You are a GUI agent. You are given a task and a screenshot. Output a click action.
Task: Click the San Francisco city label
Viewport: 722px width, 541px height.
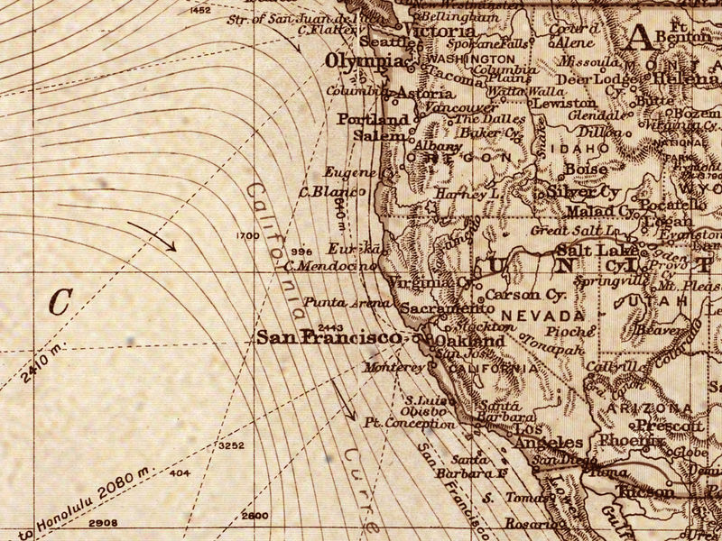(328, 337)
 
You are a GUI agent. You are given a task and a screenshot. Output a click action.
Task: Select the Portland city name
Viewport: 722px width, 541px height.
(373, 119)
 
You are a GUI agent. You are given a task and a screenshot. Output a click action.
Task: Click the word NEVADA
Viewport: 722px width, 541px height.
(542, 316)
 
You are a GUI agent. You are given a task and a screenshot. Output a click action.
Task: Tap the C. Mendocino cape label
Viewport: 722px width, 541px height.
(329, 266)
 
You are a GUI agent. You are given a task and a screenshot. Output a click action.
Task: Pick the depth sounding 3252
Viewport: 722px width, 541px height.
(231, 445)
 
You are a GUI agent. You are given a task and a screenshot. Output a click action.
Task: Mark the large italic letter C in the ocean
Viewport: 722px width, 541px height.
(60, 303)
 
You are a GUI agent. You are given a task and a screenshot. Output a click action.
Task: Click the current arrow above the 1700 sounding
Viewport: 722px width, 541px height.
(152, 235)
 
